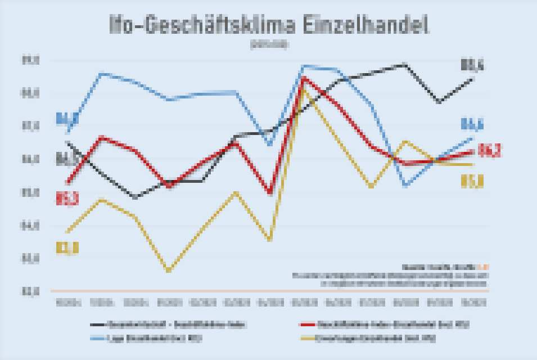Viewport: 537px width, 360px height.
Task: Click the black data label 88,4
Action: pyautogui.click(x=472, y=66)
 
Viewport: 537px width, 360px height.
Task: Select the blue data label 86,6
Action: pyautogui.click(x=472, y=124)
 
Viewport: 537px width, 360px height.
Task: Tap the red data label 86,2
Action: pyautogui.click(x=489, y=151)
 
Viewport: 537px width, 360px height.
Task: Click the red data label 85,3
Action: pyautogui.click(x=67, y=198)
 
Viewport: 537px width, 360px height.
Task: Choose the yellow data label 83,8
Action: pyautogui.click(x=67, y=248)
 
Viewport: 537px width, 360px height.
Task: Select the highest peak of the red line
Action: pyautogui.click(x=304, y=78)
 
